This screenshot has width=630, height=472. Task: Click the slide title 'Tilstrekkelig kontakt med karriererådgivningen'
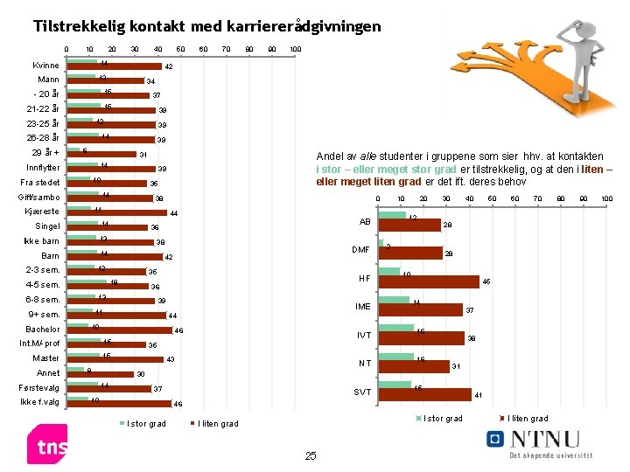coord(206,26)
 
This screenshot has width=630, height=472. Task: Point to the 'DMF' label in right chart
coord(360,250)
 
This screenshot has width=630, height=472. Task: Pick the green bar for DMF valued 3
coord(381,244)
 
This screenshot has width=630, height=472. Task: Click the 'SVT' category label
coord(361,392)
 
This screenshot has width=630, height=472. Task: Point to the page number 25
coord(310,455)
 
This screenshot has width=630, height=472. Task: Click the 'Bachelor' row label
coord(43,330)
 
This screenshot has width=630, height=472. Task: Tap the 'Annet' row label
coord(48,373)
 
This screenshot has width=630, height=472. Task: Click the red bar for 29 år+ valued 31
coord(101,155)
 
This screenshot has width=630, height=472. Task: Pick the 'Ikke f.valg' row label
coord(39,402)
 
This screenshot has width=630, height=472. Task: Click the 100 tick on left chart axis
coord(296,48)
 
